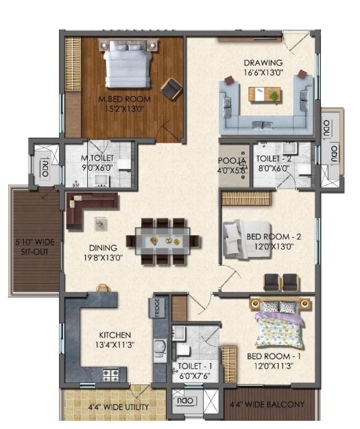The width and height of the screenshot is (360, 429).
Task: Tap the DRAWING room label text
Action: point(263,63)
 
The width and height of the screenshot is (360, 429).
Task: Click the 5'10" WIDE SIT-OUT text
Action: point(29,247)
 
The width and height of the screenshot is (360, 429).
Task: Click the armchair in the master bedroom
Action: point(171,88)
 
